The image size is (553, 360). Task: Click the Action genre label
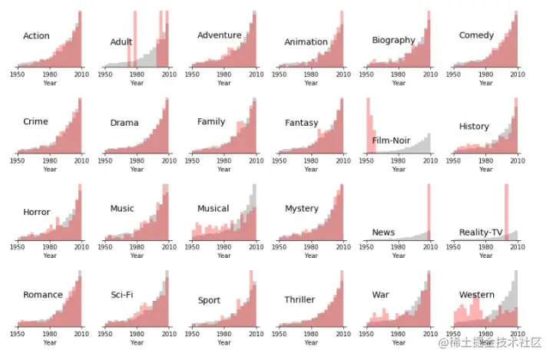(36, 36)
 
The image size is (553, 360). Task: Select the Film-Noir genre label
(392, 140)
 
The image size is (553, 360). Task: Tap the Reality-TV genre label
(481, 232)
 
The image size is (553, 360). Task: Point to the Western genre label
(477, 295)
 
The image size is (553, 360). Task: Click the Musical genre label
(213, 208)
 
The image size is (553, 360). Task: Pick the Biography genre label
(393, 40)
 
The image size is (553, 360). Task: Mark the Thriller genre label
(300, 299)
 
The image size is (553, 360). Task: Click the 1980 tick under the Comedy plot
(485, 75)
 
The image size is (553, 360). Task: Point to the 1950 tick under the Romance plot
(18, 335)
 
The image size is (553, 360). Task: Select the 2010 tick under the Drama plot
(168, 161)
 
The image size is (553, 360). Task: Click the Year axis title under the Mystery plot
(311, 256)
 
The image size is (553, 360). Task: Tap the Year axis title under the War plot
(399, 342)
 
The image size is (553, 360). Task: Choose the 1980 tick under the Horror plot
(49, 248)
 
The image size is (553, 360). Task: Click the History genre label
(474, 127)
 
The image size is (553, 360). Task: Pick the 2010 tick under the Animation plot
(343, 75)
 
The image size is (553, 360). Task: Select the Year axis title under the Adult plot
(137, 83)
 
